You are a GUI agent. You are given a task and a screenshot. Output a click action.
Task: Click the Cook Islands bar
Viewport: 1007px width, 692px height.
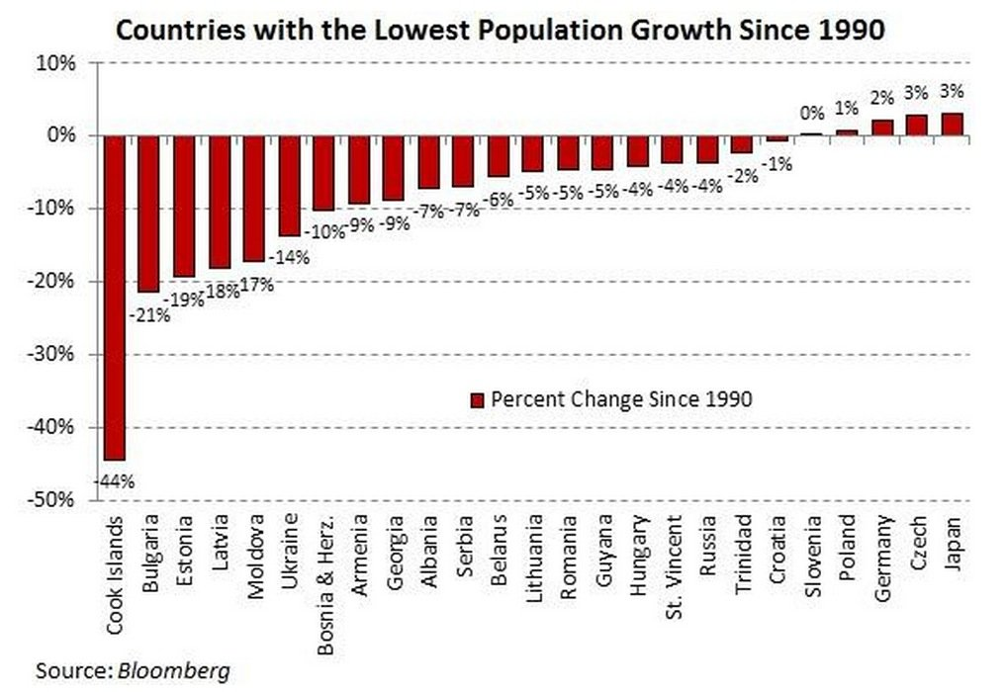click(x=114, y=297)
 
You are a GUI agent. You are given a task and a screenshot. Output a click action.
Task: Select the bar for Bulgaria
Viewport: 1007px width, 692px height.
click(x=148, y=213)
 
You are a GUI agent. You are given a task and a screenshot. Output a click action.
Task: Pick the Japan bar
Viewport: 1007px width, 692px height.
click(x=952, y=125)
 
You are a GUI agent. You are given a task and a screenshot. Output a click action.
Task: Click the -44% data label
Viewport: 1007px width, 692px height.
click(x=115, y=482)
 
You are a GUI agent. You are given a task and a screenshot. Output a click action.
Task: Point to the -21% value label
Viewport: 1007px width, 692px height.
click(x=149, y=317)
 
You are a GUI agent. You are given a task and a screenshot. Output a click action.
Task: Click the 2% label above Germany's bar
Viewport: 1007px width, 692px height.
click(x=881, y=97)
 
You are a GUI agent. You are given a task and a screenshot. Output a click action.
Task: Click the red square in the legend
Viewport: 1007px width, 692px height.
click(x=476, y=400)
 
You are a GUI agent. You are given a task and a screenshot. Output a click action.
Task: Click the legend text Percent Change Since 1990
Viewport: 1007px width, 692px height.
click(x=621, y=400)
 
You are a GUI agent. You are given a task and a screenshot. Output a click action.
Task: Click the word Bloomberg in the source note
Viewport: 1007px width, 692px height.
click(x=174, y=671)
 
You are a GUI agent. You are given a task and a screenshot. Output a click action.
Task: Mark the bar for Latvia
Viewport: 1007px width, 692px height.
click(x=219, y=202)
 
